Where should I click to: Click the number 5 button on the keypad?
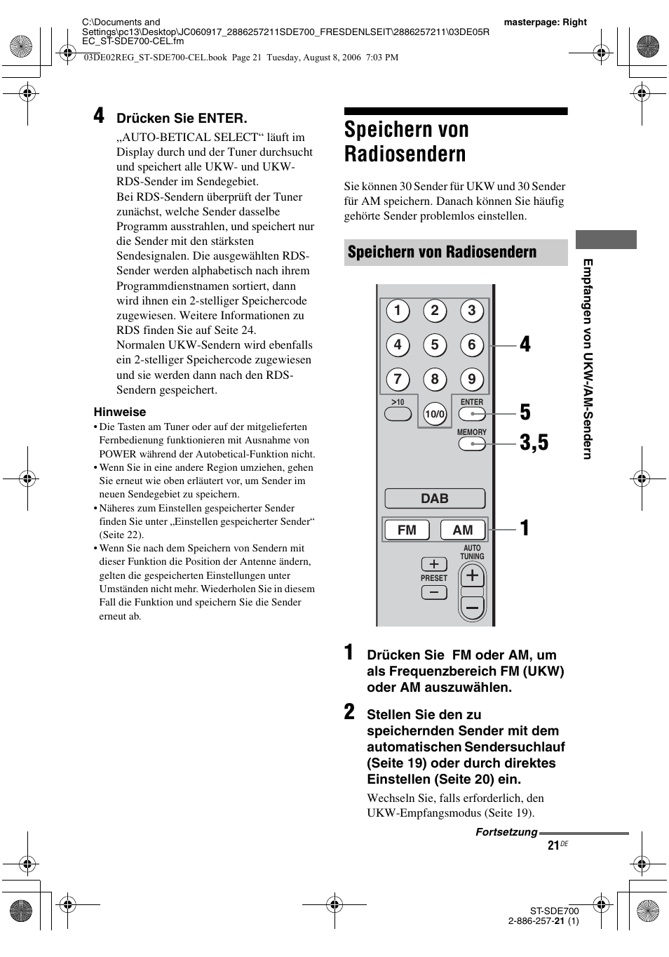(435, 344)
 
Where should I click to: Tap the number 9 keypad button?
(472, 380)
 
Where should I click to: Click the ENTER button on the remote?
(472, 414)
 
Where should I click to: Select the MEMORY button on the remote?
(472, 443)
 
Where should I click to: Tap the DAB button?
(435, 498)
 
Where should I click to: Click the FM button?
(407, 530)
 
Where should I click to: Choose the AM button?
(463, 530)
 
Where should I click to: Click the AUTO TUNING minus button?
(472, 608)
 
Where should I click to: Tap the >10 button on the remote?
(398, 414)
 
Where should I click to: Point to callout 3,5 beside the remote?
(534, 443)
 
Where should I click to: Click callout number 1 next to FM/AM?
(525, 528)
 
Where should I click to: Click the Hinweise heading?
(120, 412)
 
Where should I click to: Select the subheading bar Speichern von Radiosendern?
(456, 252)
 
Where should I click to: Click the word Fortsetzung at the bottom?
(506, 832)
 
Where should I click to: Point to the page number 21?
(554, 846)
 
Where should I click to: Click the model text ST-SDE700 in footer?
(554, 911)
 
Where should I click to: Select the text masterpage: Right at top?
(545, 22)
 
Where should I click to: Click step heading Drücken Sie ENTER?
(182, 119)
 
